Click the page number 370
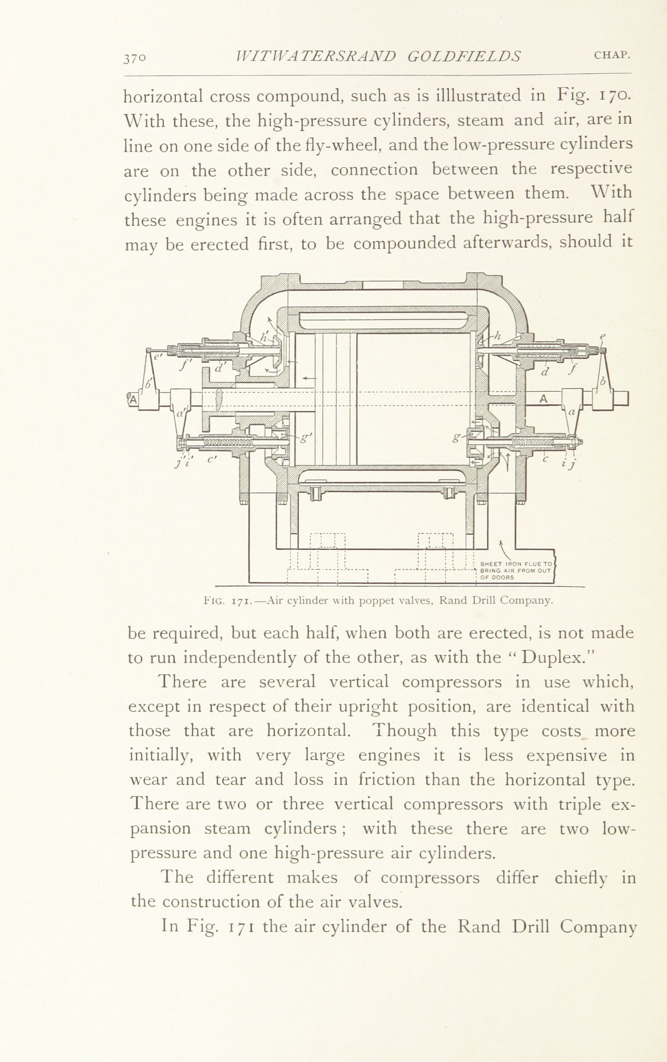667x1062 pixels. tap(134, 58)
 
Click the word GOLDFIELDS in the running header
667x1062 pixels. tap(464, 57)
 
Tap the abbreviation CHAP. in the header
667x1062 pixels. tap(612, 55)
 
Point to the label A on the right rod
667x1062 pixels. tap(543, 398)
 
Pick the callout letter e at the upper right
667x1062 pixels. tap(603, 336)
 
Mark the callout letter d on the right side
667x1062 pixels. tap(545, 372)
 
